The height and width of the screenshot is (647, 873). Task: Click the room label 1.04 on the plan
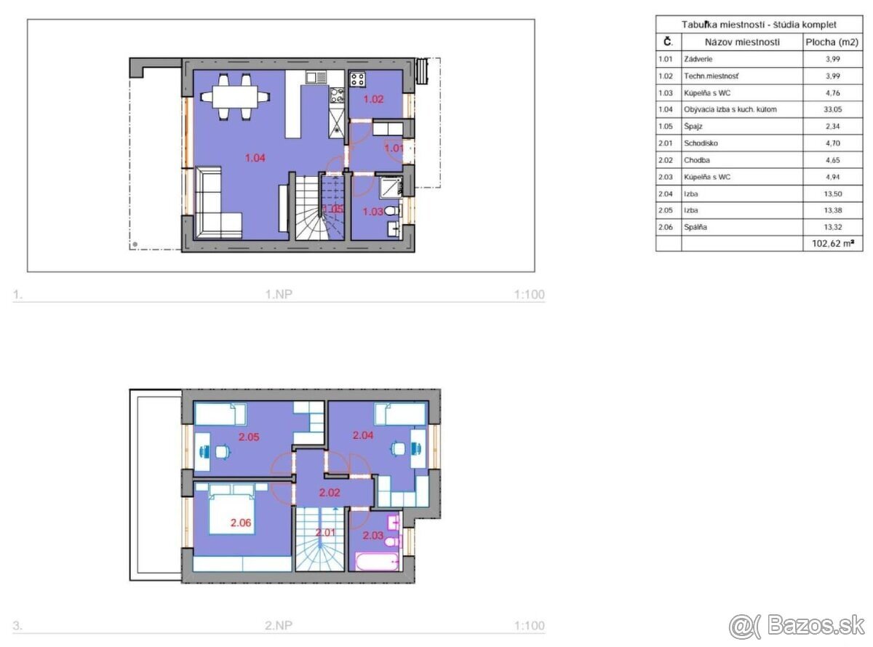coord(255,158)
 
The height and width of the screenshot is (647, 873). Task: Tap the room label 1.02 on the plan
coord(372,99)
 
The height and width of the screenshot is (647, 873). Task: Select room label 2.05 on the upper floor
coord(249,437)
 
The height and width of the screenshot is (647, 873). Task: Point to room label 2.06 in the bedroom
coord(241,523)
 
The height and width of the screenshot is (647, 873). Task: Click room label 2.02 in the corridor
coord(330,492)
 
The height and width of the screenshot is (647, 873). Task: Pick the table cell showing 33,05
coord(832,109)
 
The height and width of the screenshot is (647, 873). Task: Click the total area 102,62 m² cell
coord(832,243)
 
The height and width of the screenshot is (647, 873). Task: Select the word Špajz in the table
coord(693,127)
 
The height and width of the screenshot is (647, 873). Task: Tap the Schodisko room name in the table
coord(701,143)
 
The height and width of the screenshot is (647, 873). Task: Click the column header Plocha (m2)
coord(832,42)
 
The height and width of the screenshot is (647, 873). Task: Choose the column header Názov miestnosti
coord(742,42)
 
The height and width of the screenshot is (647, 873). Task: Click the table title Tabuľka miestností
coord(723,25)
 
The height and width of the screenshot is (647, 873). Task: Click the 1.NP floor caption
coord(279,294)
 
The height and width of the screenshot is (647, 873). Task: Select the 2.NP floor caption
coord(279,625)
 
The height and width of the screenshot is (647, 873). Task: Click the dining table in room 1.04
coord(235,97)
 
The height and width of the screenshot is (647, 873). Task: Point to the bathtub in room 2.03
coord(378,562)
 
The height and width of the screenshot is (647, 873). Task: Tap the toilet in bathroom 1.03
coord(392,210)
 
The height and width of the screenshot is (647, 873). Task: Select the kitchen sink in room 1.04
coord(316,77)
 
